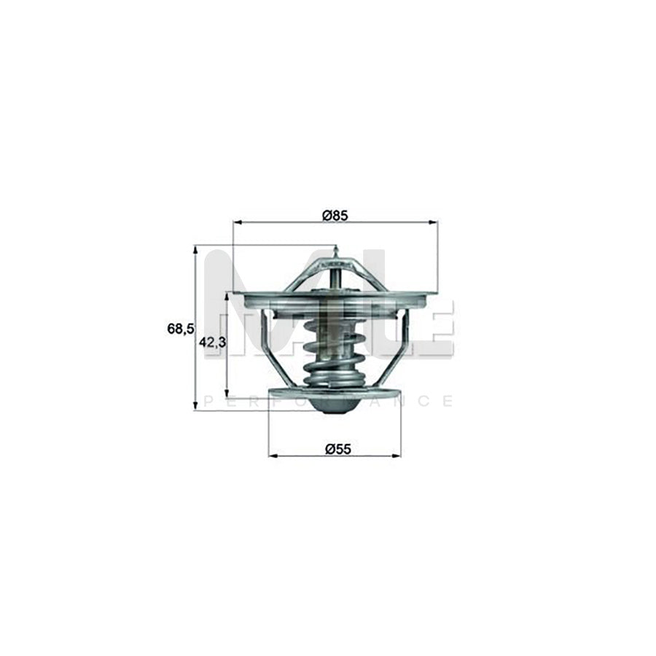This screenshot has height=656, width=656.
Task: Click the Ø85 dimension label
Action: pos(334,215)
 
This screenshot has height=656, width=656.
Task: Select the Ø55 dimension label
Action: pos(334,449)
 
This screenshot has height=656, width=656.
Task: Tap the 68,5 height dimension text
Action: pos(180,329)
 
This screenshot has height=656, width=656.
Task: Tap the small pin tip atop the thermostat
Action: pos(334,253)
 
